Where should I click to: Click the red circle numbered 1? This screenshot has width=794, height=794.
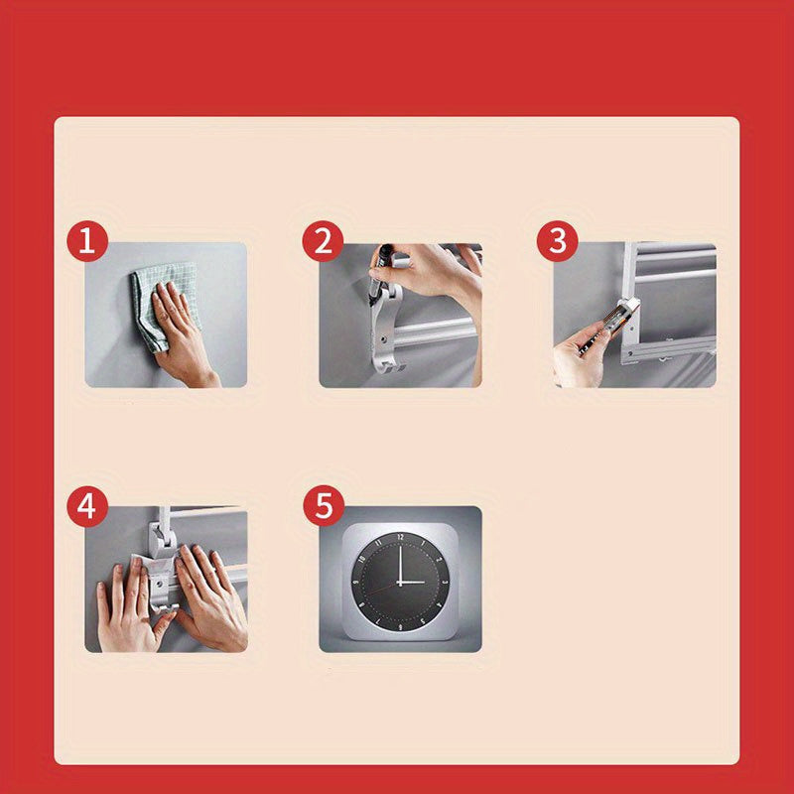87,241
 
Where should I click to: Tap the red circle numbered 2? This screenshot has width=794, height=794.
324,241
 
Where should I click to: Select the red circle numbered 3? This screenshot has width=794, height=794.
558,241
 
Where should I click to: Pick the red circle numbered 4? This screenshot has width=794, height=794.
87,506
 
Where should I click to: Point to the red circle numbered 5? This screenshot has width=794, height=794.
324,506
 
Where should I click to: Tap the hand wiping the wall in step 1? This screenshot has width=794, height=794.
183,334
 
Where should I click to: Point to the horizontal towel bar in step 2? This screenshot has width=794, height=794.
437,332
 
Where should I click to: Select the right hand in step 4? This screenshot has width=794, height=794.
210,598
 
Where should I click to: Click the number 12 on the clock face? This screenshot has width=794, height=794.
401,537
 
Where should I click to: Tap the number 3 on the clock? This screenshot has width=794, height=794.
444,583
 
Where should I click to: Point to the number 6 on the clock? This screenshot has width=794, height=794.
401,627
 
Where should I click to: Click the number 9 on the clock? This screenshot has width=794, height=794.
355,583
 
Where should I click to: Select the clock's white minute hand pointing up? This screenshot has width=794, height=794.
400,564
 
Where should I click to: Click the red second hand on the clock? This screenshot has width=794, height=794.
382,589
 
